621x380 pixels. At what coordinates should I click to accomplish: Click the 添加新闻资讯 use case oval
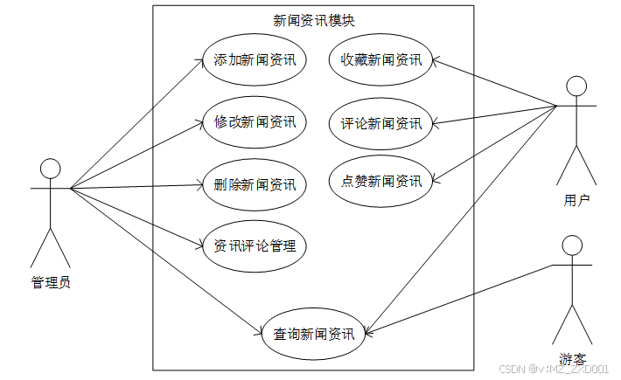pyautogui.click(x=255, y=60)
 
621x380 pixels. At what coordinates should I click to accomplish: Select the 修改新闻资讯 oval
pyautogui.click(x=255, y=122)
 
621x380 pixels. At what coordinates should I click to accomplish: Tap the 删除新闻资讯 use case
pyautogui.click(x=255, y=184)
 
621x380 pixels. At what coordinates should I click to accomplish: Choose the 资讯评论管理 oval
pyautogui.click(x=255, y=246)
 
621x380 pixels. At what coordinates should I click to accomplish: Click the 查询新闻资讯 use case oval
pyautogui.click(x=313, y=333)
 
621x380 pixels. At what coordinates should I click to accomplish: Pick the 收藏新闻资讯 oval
pyautogui.click(x=381, y=60)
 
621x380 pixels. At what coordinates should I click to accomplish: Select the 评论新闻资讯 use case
pyautogui.click(x=381, y=122)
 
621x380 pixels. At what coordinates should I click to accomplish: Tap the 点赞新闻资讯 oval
pyautogui.click(x=381, y=182)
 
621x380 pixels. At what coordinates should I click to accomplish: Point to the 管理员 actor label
pyautogui.click(x=50, y=282)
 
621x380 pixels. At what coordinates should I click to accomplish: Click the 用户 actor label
pyautogui.click(x=576, y=200)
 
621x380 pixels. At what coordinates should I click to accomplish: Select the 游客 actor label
pyautogui.click(x=573, y=358)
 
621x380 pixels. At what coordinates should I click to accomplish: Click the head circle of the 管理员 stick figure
pyautogui.click(x=50, y=169)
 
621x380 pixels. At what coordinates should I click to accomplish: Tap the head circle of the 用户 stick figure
pyautogui.click(x=576, y=86)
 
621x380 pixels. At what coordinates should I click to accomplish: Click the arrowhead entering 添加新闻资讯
pyautogui.click(x=199, y=61)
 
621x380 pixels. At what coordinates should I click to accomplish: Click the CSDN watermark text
pyautogui.click(x=554, y=370)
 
